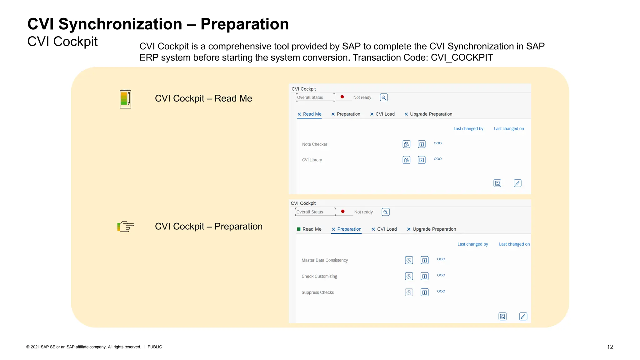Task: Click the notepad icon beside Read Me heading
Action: (125, 99)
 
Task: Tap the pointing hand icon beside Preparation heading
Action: (126, 226)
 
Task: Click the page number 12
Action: (610, 347)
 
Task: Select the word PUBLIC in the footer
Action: (155, 347)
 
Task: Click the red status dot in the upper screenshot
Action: (342, 97)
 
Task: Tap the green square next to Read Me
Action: (299, 229)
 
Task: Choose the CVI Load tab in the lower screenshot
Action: (384, 229)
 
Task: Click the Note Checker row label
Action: (314, 144)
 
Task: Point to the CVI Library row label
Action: (312, 160)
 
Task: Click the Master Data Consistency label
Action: (325, 260)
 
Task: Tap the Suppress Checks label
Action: (317, 292)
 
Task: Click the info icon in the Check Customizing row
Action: (424, 276)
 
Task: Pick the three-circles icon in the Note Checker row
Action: (437, 143)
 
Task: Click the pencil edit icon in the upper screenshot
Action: (517, 183)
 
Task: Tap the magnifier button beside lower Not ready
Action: (386, 212)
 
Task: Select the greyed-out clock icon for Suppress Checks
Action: (409, 292)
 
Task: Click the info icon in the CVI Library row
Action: (422, 160)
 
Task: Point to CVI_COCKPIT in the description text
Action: (462, 57)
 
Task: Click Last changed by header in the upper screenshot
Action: (468, 129)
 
